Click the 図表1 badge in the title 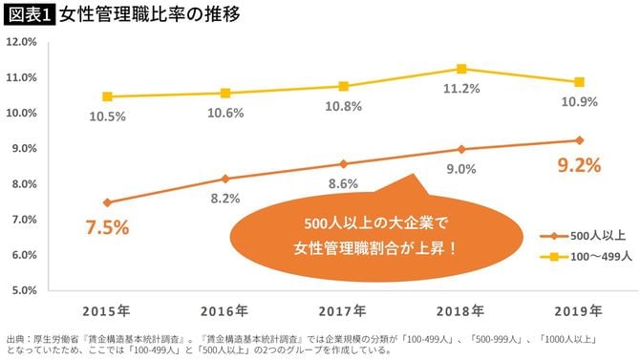[29, 14]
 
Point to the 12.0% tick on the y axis [21, 42]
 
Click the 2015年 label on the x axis [108, 310]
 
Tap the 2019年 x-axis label [577, 310]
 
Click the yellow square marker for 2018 [461, 69]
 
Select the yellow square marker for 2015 [108, 96]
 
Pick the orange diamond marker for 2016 [225, 179]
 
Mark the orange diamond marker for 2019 [578, 140]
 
